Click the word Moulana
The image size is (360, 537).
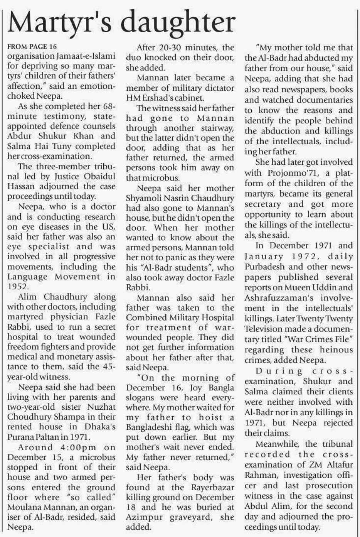[x=25, y=507]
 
